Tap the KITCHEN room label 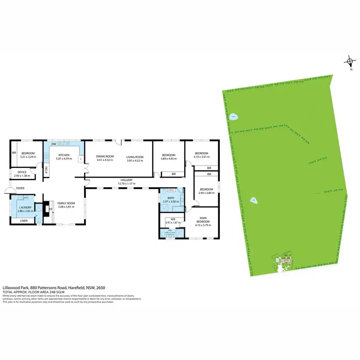(64, 155)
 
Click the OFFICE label (22, 172)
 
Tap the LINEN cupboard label (23, 221)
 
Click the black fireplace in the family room (47, 208)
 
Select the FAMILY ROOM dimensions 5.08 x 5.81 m (67, 207)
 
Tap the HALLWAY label (126, 180)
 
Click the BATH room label (171, 198)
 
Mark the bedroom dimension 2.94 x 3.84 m (206, 192)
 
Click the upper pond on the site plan (233, 117)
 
